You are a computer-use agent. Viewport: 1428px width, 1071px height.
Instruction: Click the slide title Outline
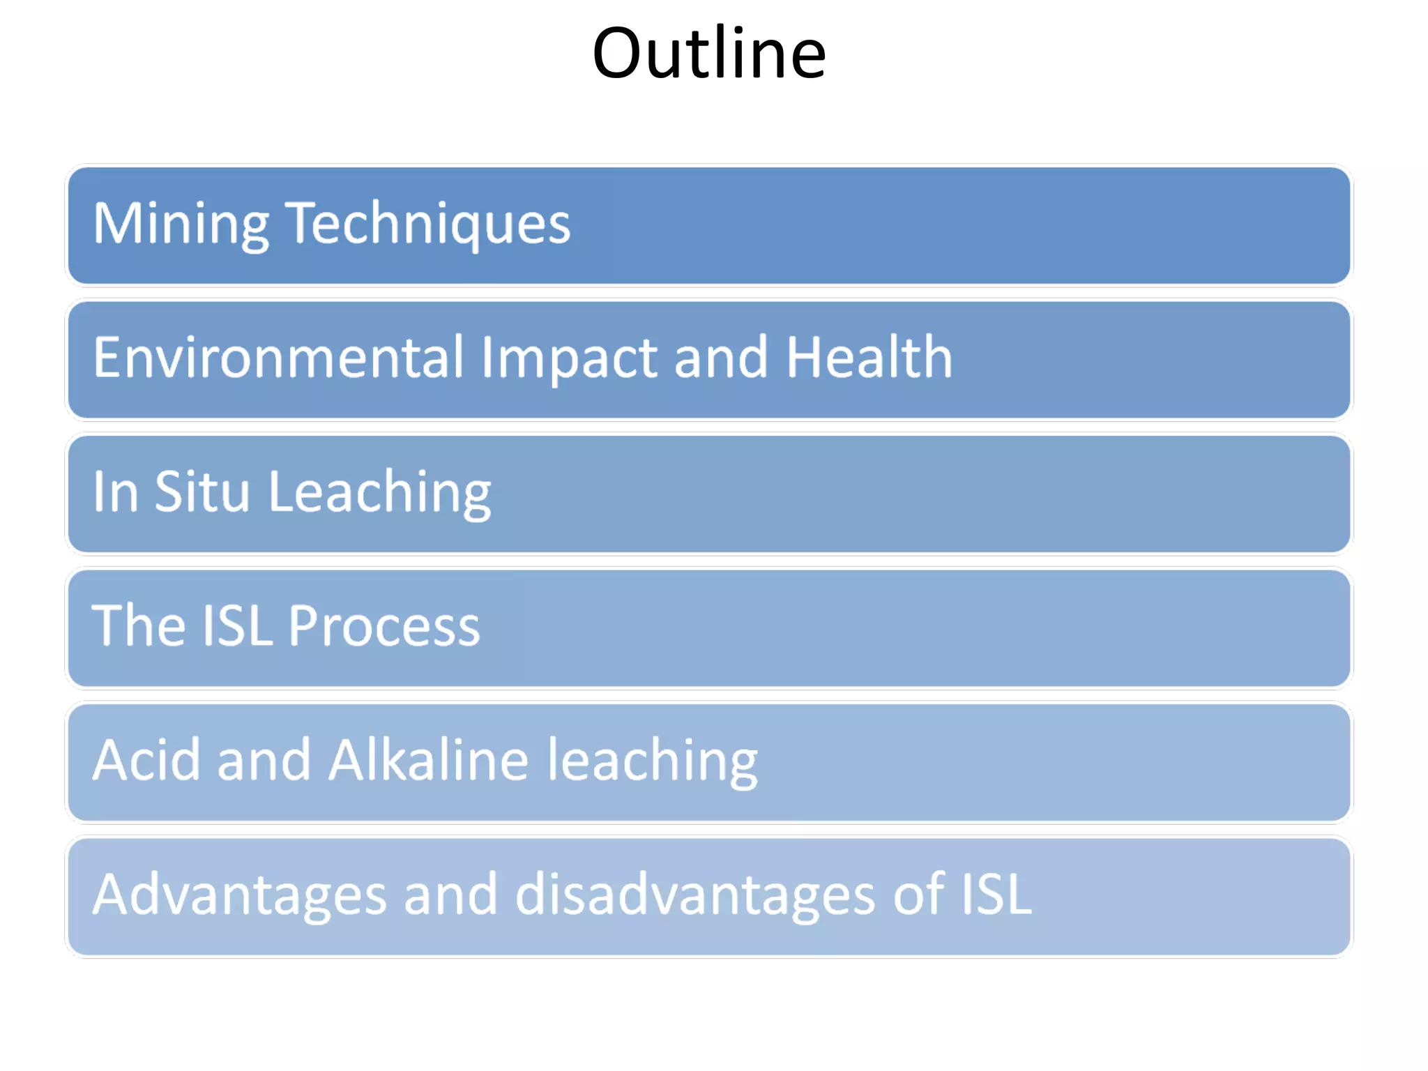tap(708, 54)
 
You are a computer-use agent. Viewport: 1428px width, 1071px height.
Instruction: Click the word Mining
tap(181, 223)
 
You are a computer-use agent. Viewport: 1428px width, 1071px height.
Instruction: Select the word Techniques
tap(428, 223)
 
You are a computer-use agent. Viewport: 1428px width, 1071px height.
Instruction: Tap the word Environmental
tap(278, 357)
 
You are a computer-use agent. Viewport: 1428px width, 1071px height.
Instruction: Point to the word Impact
tap(569, 358)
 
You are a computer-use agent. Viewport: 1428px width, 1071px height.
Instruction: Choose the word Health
tap(869, 357)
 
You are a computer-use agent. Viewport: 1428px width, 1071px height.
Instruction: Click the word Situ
tap(202, 492)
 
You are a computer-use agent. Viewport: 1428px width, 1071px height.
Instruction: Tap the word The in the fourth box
tap(139, 625)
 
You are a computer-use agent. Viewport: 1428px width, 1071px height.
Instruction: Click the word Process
tap(384, 625)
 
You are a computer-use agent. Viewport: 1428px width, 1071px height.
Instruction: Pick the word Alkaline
tap(428, 759)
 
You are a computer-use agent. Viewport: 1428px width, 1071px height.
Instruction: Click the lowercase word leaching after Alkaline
tap(652, 761)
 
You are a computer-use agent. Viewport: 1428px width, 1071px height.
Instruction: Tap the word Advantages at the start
tap(239, 895)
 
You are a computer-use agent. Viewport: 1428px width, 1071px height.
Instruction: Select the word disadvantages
tap(694, 895)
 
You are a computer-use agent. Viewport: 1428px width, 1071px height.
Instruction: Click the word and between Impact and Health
tap(721, 357)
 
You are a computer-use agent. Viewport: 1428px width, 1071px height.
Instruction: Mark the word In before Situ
tap(115, 492)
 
